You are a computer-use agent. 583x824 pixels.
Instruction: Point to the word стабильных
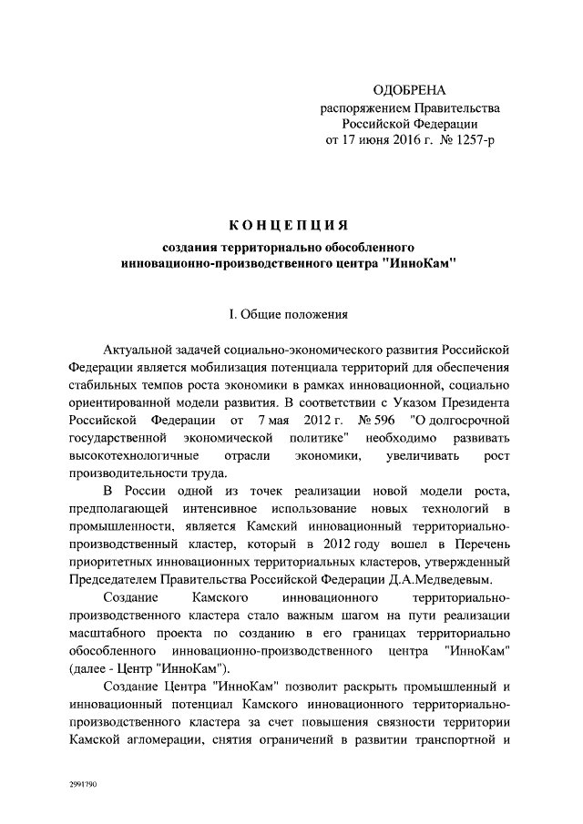point(107,385)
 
